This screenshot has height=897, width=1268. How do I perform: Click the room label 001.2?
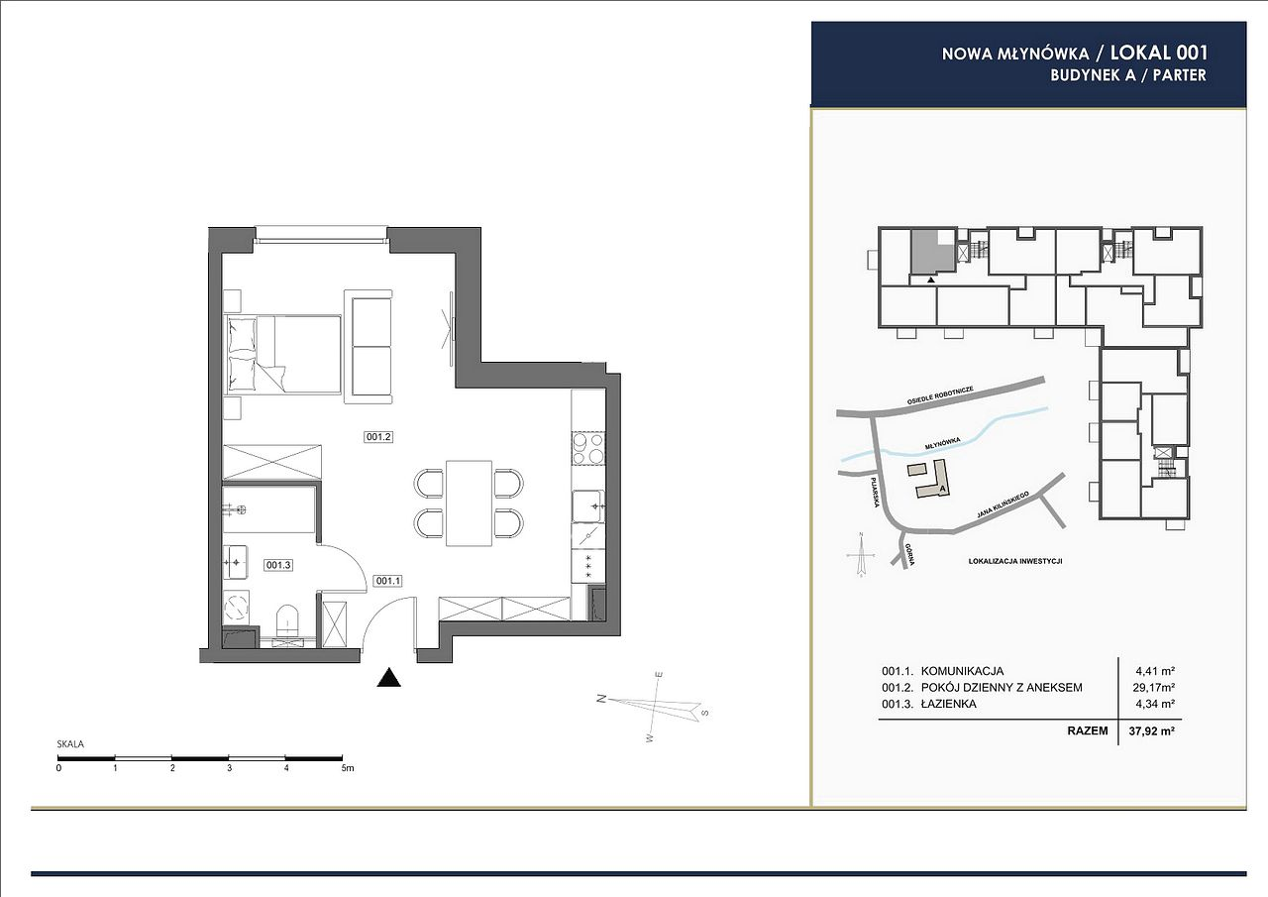click(x=378, y=437)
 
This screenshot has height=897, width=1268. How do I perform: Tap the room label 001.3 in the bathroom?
click(x=278, y=565)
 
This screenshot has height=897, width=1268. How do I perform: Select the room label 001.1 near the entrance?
click(x=387, y=581)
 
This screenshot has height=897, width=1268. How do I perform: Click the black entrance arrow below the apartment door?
click(x=389, y=677)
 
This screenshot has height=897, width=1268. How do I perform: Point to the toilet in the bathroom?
click(x=287, y=621)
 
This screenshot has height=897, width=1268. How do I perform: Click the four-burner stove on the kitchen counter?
click(x=588, y=448)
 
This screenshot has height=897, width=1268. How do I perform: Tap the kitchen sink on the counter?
click(x=587, y=506)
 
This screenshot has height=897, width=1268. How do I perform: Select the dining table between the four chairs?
click(x=469, y=503)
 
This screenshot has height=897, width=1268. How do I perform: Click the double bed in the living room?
click(x=283, y=355)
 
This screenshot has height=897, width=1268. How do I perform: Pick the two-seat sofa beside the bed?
click(x=369, y=347)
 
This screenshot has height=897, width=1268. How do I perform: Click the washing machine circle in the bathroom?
click(x=236, y=608)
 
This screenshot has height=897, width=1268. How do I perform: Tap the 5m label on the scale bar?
click(x=347, y=768)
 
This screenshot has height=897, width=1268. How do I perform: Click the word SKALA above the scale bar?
click(x=70, y=743)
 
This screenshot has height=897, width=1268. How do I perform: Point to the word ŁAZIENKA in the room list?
click(x=949, y=704)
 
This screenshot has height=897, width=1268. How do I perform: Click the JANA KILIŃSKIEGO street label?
click(x=1003, y=505)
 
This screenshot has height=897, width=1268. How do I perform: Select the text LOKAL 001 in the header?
click(x=1159, y=53)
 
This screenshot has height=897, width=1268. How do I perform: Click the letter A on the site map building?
click(x=942, y=488)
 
